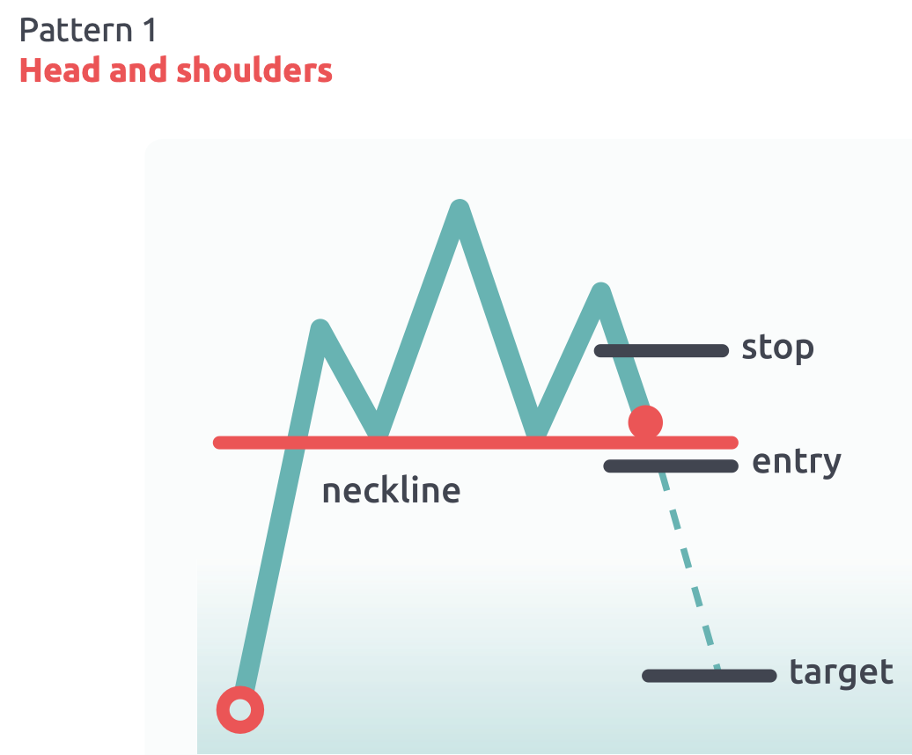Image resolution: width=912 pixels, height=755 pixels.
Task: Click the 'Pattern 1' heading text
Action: tap(88, 31)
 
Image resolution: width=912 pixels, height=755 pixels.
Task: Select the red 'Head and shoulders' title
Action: tap(176, 70)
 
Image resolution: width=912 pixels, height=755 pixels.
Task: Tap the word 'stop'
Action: tap(777, 348)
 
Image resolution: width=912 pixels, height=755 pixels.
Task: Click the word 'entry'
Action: tap(797, 461)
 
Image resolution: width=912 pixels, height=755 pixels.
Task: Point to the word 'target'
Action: tap(841, 672)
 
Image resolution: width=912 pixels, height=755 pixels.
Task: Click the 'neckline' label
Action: tap(391, 490)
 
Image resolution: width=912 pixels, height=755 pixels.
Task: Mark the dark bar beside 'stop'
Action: tap(662, 350)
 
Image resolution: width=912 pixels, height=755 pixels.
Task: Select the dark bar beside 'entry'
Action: tap(671, 465)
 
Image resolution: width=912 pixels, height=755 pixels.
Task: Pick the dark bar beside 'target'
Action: tap(710, 676)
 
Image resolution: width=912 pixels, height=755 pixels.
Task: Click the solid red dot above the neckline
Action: tap(645, 422)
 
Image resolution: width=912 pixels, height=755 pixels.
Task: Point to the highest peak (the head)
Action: tap(459, 209)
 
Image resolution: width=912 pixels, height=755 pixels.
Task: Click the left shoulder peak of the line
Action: tap(320, 329)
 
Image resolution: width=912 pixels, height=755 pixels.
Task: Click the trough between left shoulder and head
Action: tap(377, 429)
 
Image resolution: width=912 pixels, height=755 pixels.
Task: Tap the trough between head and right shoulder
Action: tap(535, 429)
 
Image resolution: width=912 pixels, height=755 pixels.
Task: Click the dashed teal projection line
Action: tap(691, 572)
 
